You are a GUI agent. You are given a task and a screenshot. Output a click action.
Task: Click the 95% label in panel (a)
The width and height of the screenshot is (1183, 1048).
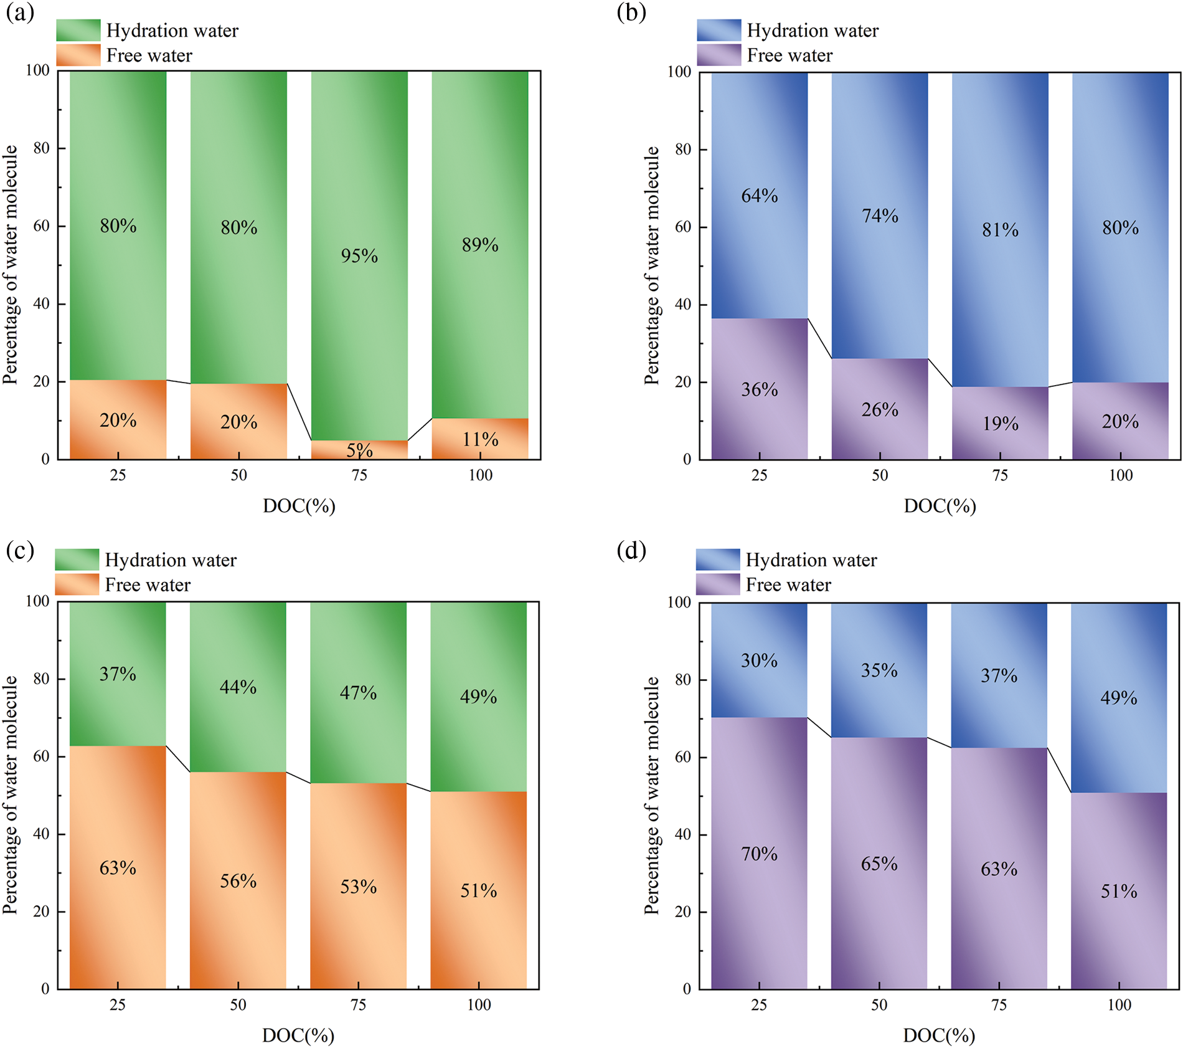359,255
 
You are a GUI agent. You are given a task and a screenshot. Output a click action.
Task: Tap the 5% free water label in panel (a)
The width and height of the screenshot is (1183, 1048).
359,450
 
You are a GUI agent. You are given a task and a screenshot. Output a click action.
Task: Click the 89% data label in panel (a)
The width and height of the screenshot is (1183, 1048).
480,245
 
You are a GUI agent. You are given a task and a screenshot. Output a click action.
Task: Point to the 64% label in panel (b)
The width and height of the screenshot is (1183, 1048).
760,196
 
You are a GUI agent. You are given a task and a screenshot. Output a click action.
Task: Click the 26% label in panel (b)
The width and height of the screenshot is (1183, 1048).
880,409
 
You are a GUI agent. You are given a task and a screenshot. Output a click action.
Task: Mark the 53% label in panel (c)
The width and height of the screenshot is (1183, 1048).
358,887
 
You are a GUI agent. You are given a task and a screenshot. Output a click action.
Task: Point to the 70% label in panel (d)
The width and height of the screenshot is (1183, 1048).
759,854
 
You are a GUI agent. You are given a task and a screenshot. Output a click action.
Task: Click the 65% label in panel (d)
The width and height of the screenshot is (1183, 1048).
879,864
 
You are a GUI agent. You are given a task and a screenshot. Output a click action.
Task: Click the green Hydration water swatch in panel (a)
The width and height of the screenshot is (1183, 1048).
78,30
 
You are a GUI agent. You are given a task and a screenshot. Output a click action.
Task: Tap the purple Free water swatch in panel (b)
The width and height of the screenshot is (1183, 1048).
719,55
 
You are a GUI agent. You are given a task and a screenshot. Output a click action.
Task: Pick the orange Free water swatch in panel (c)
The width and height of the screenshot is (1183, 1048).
77,584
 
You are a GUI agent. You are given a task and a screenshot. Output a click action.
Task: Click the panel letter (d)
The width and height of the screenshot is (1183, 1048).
631,551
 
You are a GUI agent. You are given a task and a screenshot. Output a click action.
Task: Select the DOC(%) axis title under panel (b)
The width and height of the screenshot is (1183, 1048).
940,505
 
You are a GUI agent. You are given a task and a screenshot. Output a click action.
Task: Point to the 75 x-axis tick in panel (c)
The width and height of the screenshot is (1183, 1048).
358,1004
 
